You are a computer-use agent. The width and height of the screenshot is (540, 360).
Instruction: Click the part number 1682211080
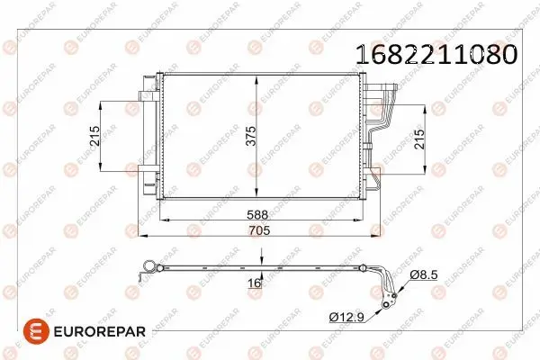(436, 55)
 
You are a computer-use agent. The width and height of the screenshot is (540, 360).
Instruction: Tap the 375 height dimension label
(251, 136)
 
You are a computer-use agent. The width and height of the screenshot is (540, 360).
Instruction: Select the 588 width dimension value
(257, 214)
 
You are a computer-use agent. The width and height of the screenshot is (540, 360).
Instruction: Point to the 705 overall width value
(260, 230)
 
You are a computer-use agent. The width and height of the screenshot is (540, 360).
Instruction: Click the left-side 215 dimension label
(94, 136)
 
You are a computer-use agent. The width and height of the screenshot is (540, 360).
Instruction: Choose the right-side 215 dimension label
(419, 139)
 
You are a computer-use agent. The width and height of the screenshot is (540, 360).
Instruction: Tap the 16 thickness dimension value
(255, 283)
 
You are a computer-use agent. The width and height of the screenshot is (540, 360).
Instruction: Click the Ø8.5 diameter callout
(424, 274)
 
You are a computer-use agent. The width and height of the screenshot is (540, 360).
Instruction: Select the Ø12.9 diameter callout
(346, 317)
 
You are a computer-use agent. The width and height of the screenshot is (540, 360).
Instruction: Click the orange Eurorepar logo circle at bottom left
(36, 331)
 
